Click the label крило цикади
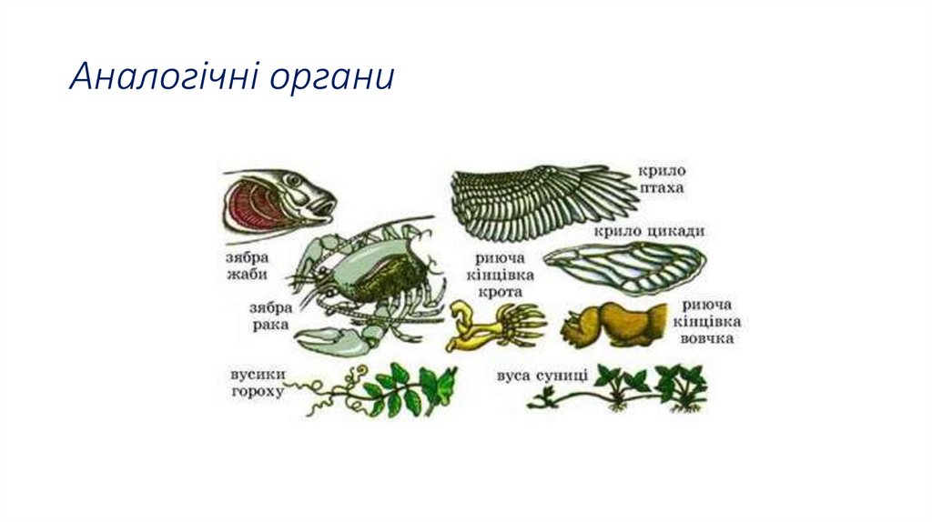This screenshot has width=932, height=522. pyautogui.click(x=649, y=232)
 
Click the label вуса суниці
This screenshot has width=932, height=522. pyautogui.click(x=542, y=375)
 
